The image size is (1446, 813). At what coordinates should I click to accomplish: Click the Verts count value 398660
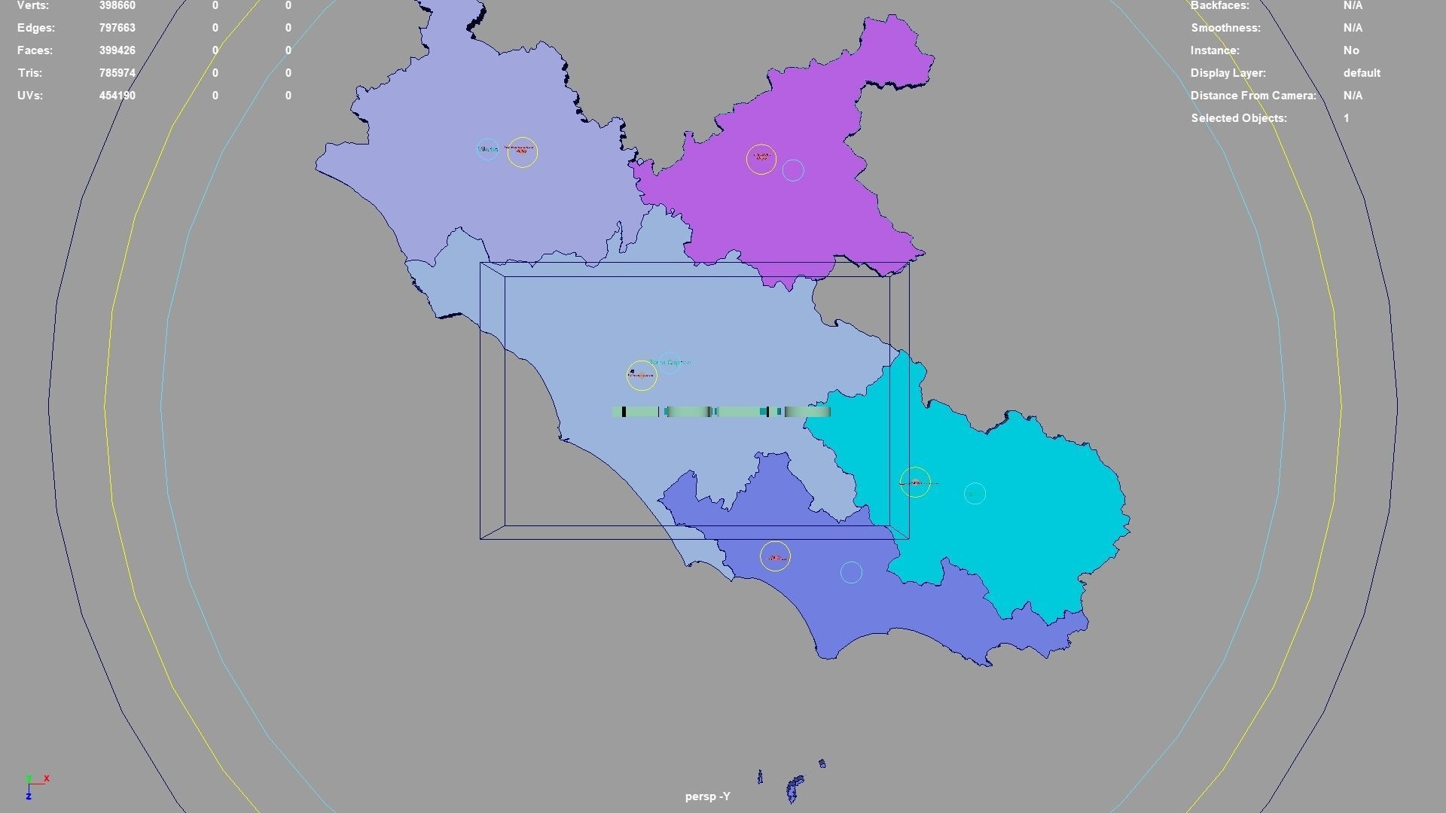pos(117,6)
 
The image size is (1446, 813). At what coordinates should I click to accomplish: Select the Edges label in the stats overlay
pos(35,28)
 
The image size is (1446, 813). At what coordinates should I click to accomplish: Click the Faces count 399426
pos(117,50)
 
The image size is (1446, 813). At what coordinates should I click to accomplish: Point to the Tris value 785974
pos(117,73)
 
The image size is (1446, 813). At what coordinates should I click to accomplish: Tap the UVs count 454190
pos(117,96)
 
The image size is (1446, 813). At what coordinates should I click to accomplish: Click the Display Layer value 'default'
pos(1361,73)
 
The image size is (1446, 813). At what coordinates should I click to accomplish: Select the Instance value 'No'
pos(1350,50)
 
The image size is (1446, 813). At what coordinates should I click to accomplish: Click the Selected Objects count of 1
pos(1346,118)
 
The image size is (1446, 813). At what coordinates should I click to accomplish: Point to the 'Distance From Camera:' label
pos(1252,96)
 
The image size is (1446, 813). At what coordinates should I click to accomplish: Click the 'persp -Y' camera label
pos(707,796)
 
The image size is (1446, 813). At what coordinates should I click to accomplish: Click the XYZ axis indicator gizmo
pos(35,786)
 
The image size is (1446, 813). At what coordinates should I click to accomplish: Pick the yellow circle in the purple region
pos(761,159)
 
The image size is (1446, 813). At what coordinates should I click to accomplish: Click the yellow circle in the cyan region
pos(915,482)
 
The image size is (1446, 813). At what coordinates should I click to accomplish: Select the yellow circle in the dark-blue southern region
pos(775,556)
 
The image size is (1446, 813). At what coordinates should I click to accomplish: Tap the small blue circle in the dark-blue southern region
pos(851,573)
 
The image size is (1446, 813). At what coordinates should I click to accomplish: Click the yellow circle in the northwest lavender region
pos(522,152)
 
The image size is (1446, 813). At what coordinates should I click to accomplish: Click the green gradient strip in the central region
pos(721,412)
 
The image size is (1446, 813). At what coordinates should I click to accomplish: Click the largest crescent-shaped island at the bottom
pos(794,787)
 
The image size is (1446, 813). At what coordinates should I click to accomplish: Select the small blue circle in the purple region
pos(793,170)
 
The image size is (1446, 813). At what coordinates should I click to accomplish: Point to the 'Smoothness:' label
pos(1225,28)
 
